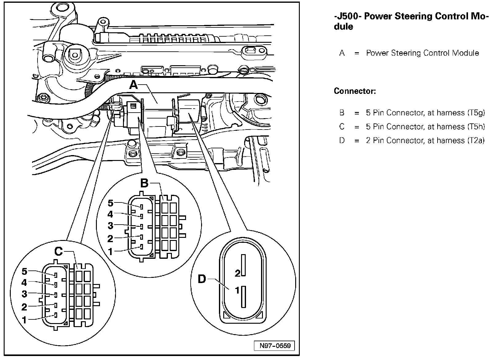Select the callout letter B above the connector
144,183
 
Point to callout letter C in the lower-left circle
58,251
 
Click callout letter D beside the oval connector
202,279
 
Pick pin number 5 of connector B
110,203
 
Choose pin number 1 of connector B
110,252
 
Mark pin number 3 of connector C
25,294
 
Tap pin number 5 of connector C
25,271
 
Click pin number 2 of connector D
237,273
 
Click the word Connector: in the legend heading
355,91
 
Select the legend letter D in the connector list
342,141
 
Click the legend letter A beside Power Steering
342,53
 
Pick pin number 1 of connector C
25,320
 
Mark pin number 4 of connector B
110,214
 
